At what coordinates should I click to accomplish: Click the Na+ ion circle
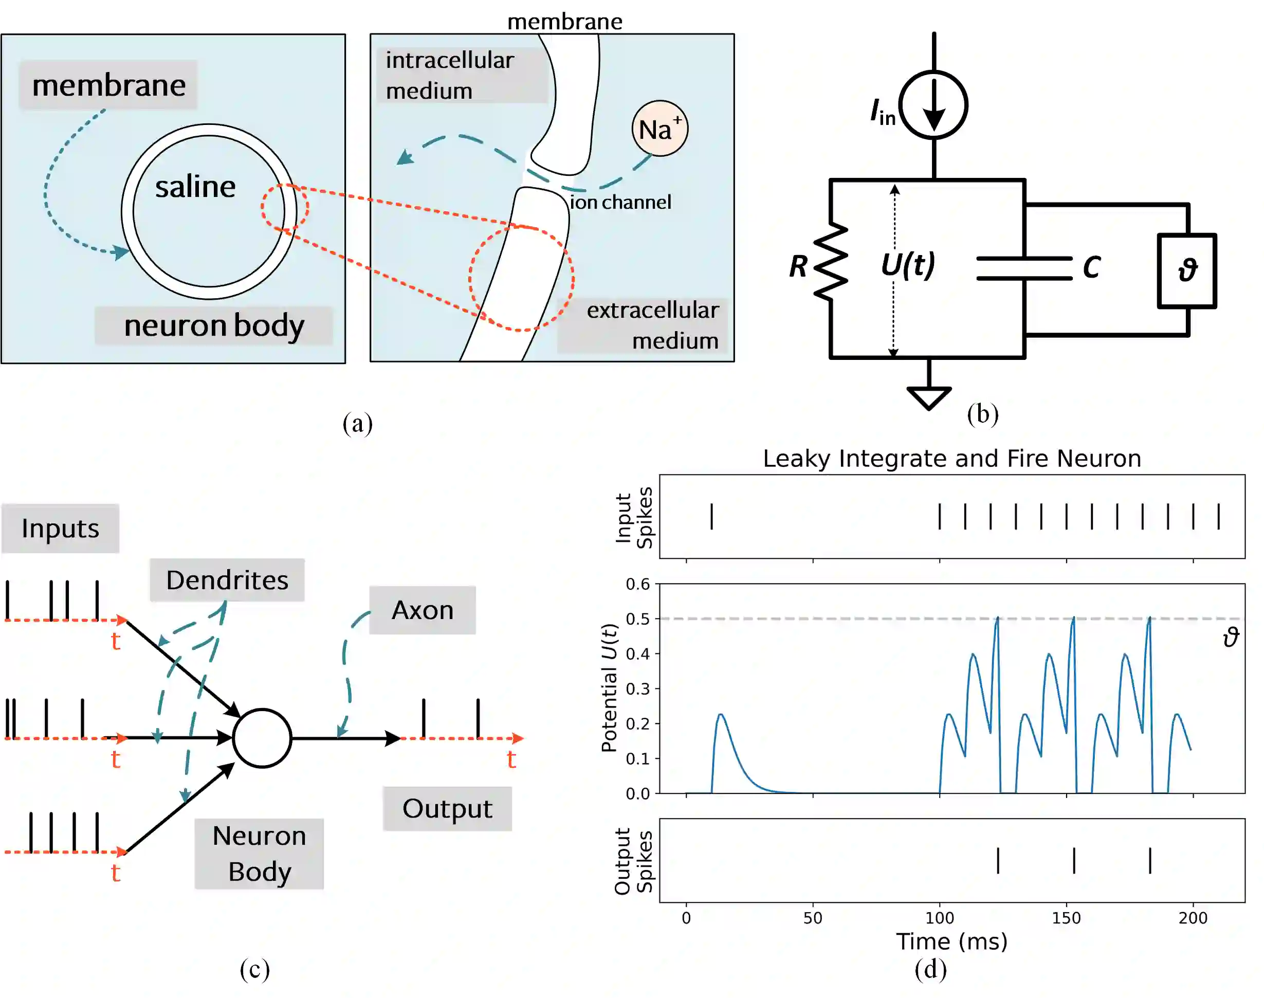[660, 129]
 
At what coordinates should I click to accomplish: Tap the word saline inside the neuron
[195, 187]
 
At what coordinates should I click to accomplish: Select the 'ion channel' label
[620, 202]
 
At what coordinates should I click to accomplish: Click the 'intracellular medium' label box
[462, 76]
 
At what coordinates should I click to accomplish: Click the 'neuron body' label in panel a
[214, 325]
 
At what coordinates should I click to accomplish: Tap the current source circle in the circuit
[933, 105]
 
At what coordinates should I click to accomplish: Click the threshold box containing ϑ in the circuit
[1186, 270]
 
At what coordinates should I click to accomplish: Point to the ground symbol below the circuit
[929, 397]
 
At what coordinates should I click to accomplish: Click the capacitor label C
[1091, 267]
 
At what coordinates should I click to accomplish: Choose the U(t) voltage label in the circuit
[908, 264]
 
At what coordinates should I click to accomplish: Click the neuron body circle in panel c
[262, 738]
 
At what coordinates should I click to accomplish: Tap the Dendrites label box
[227, 579]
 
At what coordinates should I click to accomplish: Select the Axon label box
[423, 610]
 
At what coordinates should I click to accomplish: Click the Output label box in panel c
[447, 809]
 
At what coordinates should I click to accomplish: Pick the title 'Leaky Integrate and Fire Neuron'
[951, 459]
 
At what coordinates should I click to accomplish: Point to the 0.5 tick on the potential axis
[638, 619]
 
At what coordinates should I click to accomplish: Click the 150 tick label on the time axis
[1066, 918]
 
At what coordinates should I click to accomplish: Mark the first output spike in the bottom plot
[998, 861]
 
